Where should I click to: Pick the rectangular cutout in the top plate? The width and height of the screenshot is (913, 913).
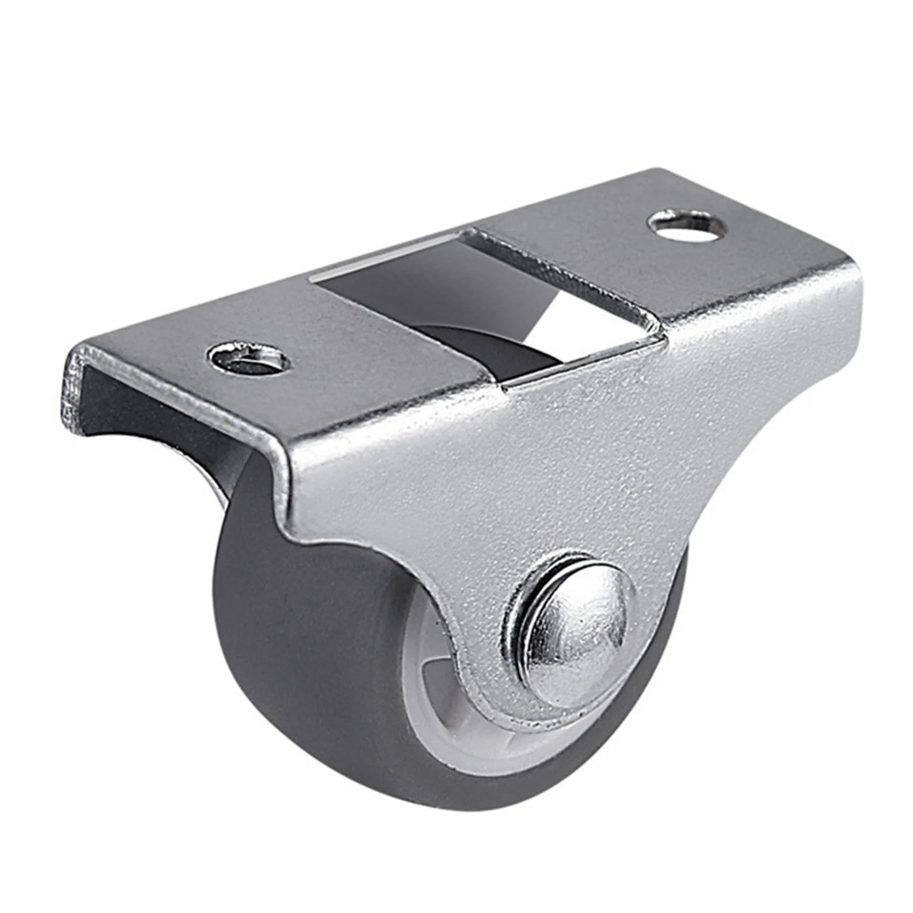coord(483,301)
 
